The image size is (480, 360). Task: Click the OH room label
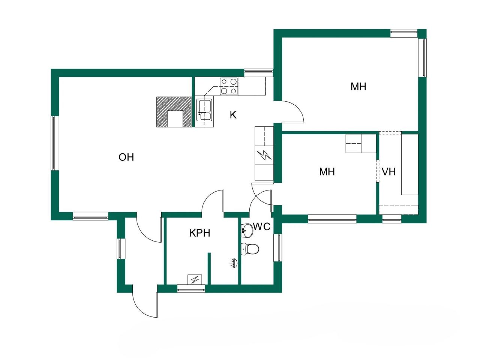pyautogui.click(x=126, y=157)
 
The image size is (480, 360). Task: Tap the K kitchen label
pyautogui.click(x=233, y=115)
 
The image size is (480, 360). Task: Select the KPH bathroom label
pyautogui.click(x=199, y=233)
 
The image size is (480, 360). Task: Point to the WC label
pyautogui.click(x=262, y=226)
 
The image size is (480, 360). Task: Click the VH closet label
pyautogui.click(x=389, y=172)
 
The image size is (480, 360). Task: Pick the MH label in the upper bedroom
pyautogui.click(x=358, y=87)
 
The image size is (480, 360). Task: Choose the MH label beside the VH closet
pyautogui.click(x=327, y=172)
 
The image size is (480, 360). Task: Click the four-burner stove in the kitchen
pyautogui.click(x=229, y=86)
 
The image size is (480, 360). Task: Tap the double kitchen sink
pyautogui.click(x=205, y=110)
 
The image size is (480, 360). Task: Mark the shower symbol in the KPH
pyautogui.click(x=234, y=263)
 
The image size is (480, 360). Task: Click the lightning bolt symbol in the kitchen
pyautogui.click(x=264, y=155)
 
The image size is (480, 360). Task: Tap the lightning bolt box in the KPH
pyautogui.click(x=195, y=279)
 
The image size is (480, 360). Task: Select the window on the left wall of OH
pyautogui.click(x=55, y=143)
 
